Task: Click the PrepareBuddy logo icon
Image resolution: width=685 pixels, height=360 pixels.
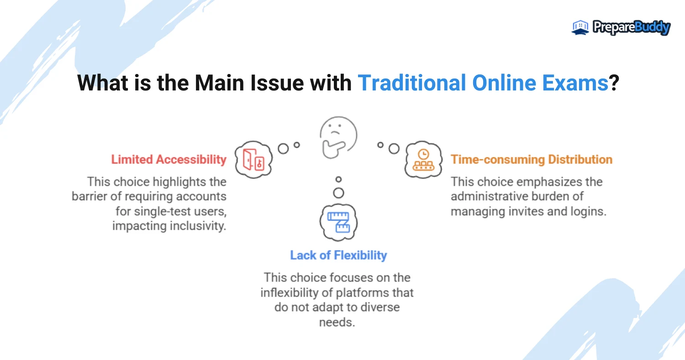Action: point(580,27)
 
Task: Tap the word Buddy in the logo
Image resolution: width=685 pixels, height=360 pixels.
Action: point(653,27)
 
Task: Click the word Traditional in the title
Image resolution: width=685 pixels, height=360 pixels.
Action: point(411,83)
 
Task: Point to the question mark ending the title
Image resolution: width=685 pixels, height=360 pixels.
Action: point(614,83)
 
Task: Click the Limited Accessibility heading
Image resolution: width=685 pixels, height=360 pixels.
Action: point(169,159)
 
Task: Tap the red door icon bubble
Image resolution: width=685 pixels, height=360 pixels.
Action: point(253,159)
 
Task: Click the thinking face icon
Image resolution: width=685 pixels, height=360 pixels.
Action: point(338,138)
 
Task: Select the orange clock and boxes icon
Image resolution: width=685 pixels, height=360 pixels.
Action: point(423,159)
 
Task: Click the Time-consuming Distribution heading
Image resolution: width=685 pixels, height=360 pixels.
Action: point(532,159)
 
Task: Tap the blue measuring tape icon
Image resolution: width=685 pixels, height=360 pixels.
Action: point(338,222)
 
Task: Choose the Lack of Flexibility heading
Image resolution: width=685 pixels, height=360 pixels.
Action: point(338,255)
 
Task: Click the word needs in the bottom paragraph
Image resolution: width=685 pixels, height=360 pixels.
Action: point(337,323)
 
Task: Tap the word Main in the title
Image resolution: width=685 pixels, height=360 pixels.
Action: point(219,83)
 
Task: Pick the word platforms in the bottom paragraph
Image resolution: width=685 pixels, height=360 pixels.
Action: point(363,293)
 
